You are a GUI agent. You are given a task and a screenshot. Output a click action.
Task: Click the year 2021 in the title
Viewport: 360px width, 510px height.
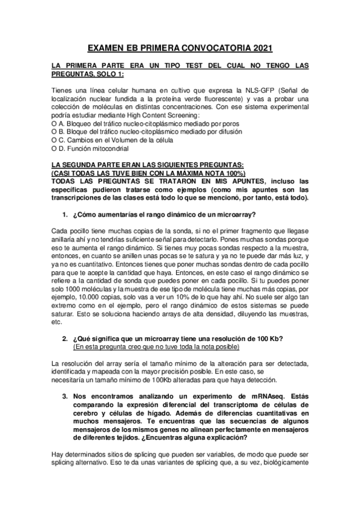261,47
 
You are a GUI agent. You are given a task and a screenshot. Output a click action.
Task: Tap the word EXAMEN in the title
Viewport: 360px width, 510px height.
108,47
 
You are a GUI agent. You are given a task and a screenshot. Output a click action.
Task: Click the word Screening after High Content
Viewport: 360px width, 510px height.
185,115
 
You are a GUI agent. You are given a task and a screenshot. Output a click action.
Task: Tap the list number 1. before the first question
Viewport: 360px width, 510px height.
66,214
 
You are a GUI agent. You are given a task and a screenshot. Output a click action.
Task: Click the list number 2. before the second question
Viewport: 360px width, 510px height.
66,338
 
